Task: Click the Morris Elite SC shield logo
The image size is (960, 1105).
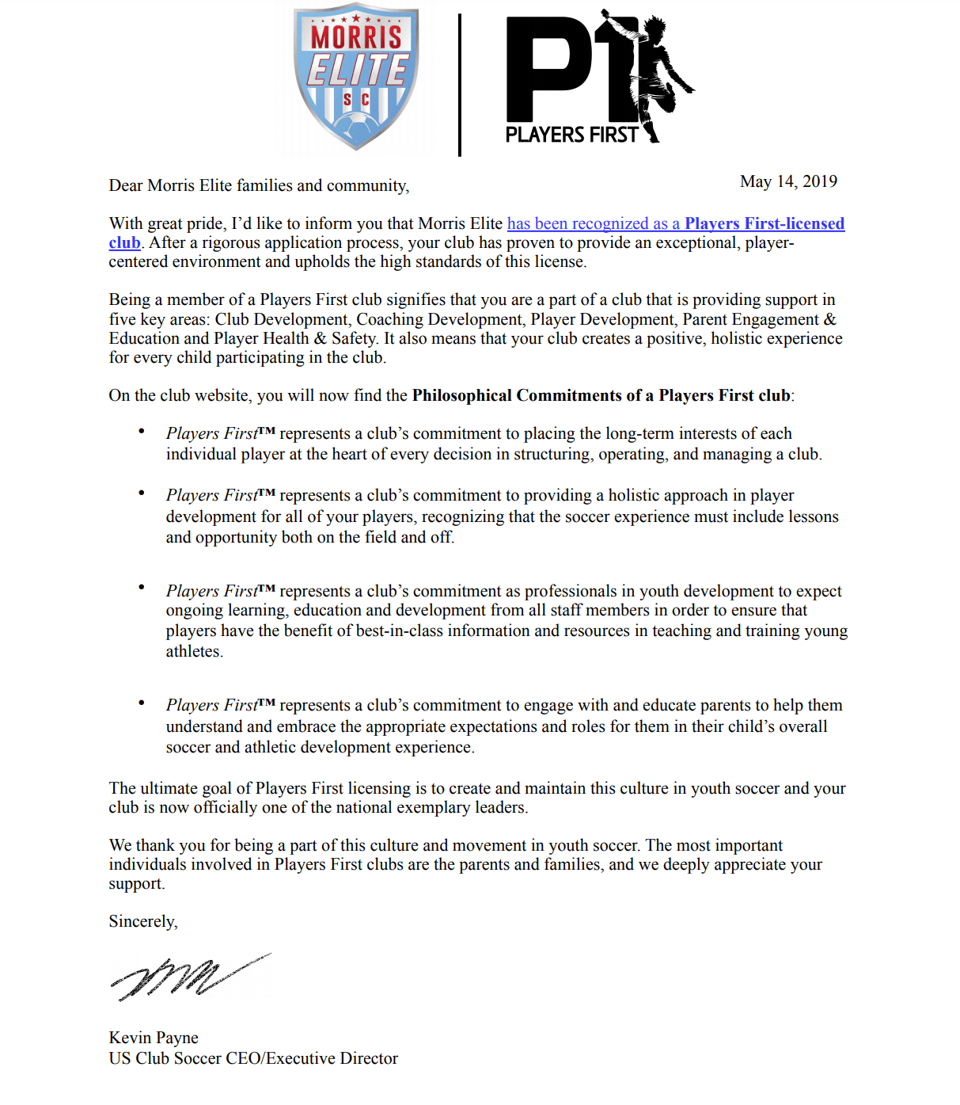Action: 356,79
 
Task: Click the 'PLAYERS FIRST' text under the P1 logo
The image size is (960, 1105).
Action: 571,135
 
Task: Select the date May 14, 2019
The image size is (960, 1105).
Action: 788,181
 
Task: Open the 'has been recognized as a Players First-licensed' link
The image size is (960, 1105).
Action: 675,223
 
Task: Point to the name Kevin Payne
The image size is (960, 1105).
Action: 154,1038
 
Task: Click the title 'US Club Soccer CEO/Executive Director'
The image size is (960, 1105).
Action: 253,1058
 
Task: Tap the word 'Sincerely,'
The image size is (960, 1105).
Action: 143,921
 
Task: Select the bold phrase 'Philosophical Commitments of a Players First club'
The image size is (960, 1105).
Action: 601,395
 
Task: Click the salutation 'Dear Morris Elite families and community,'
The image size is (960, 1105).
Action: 259,185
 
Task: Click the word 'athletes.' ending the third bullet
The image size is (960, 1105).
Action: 195,651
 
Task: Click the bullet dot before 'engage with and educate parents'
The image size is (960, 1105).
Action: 142,703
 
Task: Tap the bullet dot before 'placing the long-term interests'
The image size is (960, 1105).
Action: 142,431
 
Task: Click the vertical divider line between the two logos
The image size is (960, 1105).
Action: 460,85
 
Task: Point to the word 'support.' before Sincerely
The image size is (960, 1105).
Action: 137,883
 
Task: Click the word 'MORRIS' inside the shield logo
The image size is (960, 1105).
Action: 356,37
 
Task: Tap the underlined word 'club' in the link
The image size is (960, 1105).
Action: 124,242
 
